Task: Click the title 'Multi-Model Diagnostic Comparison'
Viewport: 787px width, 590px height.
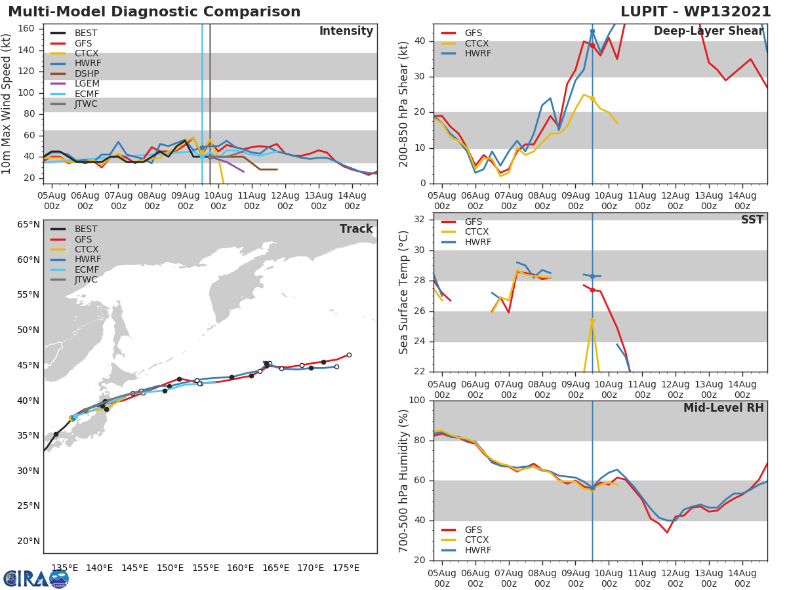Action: [x=154, y=12]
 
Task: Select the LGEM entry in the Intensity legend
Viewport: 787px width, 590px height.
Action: [x=87, y=83]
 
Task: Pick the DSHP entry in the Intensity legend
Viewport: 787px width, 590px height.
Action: [x=87, y=73]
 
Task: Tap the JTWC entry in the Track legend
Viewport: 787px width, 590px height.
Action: [x=86, y=279]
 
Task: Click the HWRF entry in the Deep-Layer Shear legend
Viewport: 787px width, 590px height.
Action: [x=477, y=53]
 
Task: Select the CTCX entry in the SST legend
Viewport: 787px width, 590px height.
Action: [x=477, y=232]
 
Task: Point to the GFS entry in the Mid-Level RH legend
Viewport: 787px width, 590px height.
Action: [x=474, y=530]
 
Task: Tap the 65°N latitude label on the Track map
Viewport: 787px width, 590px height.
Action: [x=28, y=225]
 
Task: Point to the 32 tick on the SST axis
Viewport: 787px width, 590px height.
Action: [x=422, y=220]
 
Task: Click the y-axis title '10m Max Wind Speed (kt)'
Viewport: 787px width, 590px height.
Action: [x=7, y=105]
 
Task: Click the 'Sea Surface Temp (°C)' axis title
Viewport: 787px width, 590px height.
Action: [x=404, y=292]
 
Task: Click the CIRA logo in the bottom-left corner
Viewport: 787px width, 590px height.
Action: [x=36, y=578]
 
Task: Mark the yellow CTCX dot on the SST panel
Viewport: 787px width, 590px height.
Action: [x=592, y=321]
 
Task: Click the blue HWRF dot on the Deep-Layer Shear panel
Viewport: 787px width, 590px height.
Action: [x=592, y=31]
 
